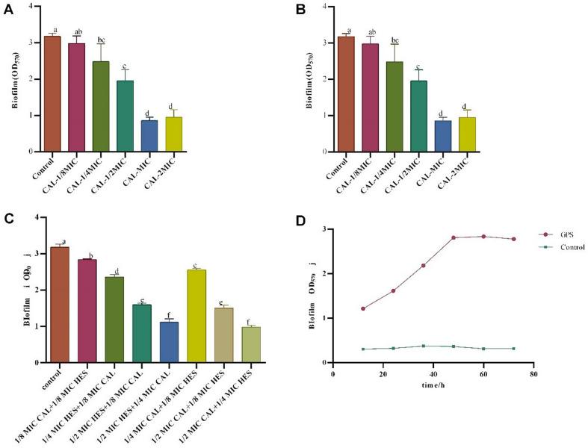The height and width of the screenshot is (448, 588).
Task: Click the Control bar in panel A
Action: [52, 93]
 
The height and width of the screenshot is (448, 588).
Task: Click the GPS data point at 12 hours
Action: [363, 308]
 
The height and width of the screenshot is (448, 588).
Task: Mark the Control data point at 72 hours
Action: [513, 348]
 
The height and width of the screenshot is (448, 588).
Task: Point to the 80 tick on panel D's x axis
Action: [533, 374]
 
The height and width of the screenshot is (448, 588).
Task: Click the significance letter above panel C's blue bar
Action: [170, 315]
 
